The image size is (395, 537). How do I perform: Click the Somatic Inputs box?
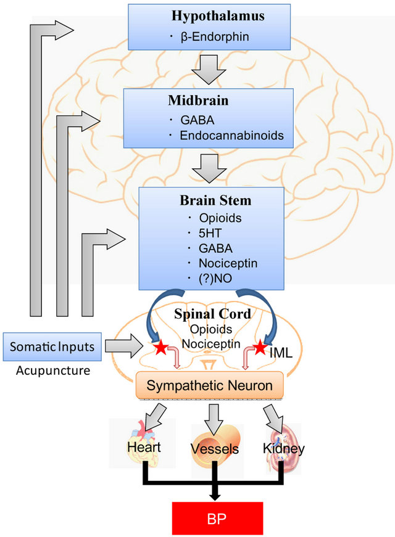50,346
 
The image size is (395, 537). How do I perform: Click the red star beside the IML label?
261,346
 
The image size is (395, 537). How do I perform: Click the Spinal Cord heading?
212,314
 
